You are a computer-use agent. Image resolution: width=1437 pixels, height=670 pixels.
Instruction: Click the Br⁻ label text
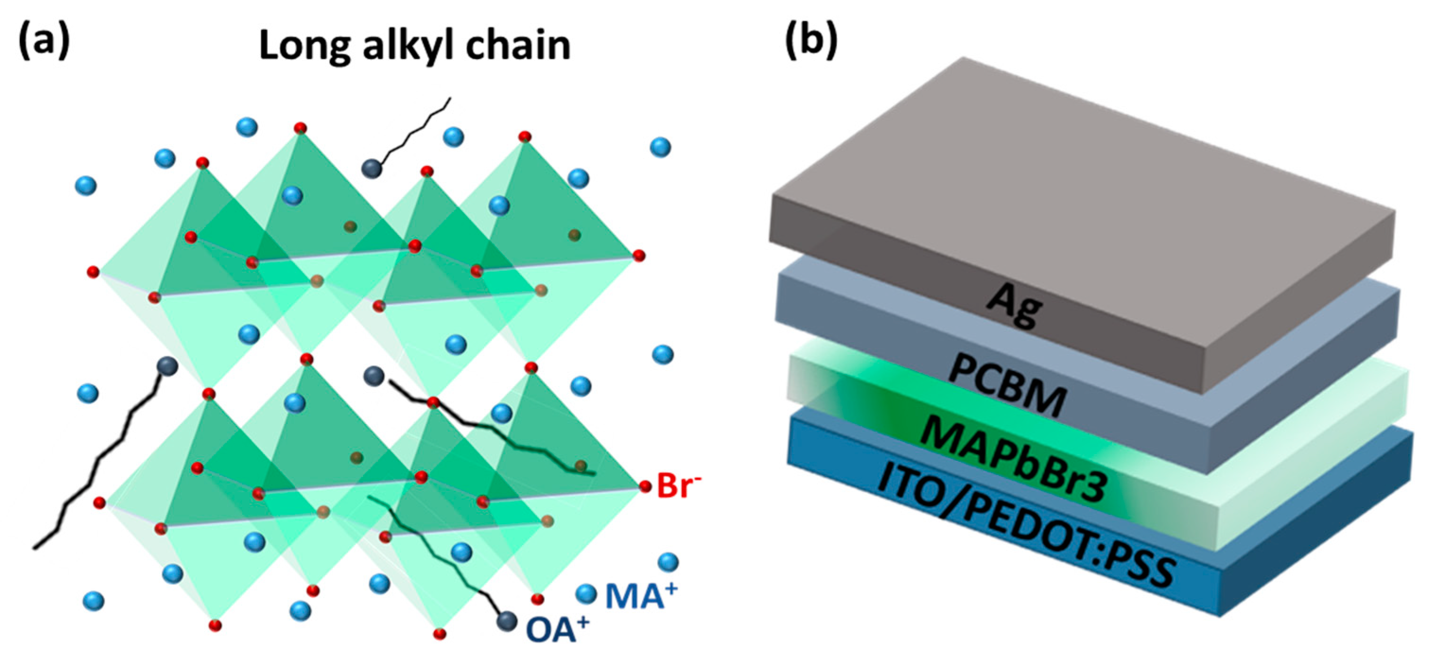pyautogui.click(x=678, y=485)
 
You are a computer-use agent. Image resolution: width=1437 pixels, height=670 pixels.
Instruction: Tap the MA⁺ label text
pyautogui.click(x=641, y=596)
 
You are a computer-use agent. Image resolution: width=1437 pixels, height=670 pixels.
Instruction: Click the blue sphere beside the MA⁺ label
pyautogui.click(x=586, y=594)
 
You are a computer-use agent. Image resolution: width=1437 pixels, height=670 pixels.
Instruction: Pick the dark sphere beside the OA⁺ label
pyautogui.click(x=507, y=621)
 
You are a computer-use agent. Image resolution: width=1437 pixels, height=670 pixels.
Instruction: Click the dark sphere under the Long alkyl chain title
pyautogui.click(x=372, y=169)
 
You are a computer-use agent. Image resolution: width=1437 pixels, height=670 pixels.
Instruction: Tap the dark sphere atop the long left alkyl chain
pyautogui.click(x=167, y=366)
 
